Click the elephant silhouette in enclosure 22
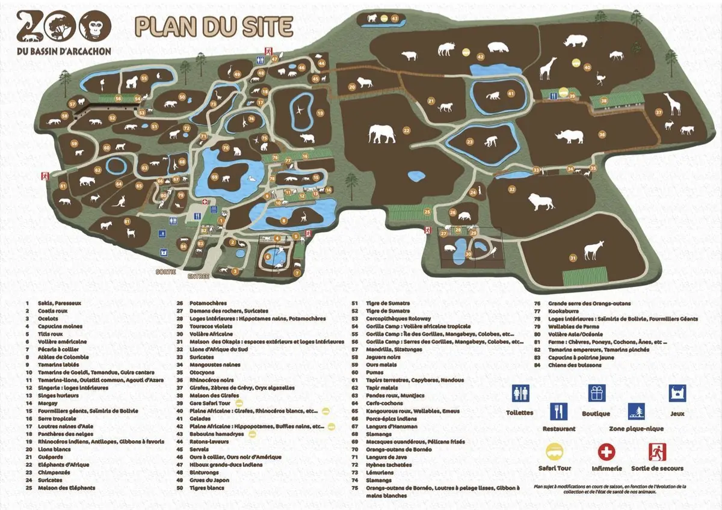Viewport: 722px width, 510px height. point(383,134)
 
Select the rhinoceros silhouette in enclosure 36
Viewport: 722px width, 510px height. point(569,137)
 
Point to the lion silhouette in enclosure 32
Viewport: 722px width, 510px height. point(541,203)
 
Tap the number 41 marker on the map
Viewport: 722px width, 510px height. point(511,94)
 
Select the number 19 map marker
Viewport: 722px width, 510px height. point(320,112)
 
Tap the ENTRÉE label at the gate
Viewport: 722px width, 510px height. point(198,277)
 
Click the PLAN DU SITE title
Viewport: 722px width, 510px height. point(214,26)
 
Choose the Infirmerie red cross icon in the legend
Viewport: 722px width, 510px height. point(606,451)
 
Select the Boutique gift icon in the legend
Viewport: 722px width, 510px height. point(596,393)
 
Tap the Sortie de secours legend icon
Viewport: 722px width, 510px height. point(657,451)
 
